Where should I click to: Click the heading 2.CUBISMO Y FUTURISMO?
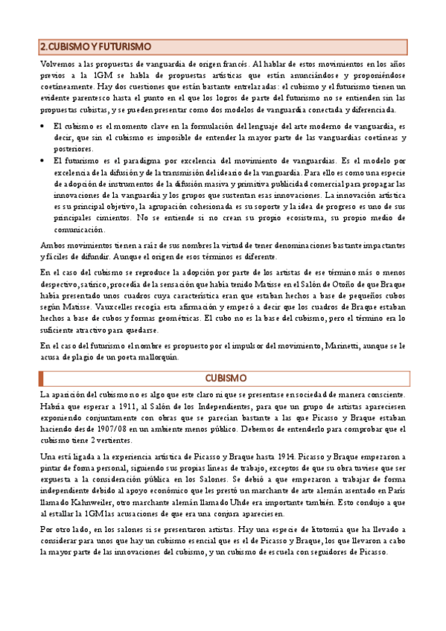[x=95, y=46]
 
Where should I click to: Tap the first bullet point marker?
[x=42, y=127]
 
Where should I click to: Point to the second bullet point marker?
[x=42, y=161]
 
